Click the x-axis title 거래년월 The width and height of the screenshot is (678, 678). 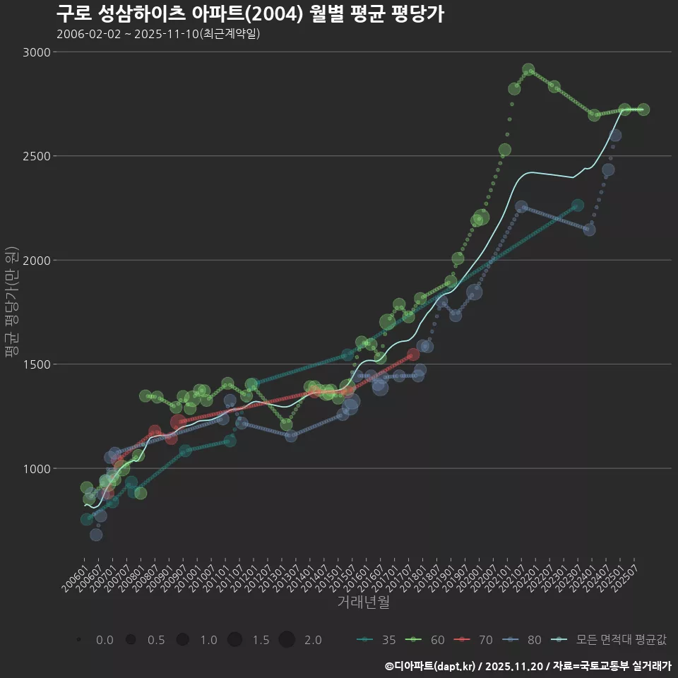[363, 602]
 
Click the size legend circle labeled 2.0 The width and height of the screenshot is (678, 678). [286, 640]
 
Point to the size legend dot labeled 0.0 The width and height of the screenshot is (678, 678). [78, 640]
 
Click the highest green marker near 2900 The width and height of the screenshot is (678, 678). [528, 70]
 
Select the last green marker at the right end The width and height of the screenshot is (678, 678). [643, 109]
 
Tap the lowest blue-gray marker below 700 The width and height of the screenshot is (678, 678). [96, 535]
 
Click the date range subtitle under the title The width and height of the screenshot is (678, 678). [158, 34]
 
